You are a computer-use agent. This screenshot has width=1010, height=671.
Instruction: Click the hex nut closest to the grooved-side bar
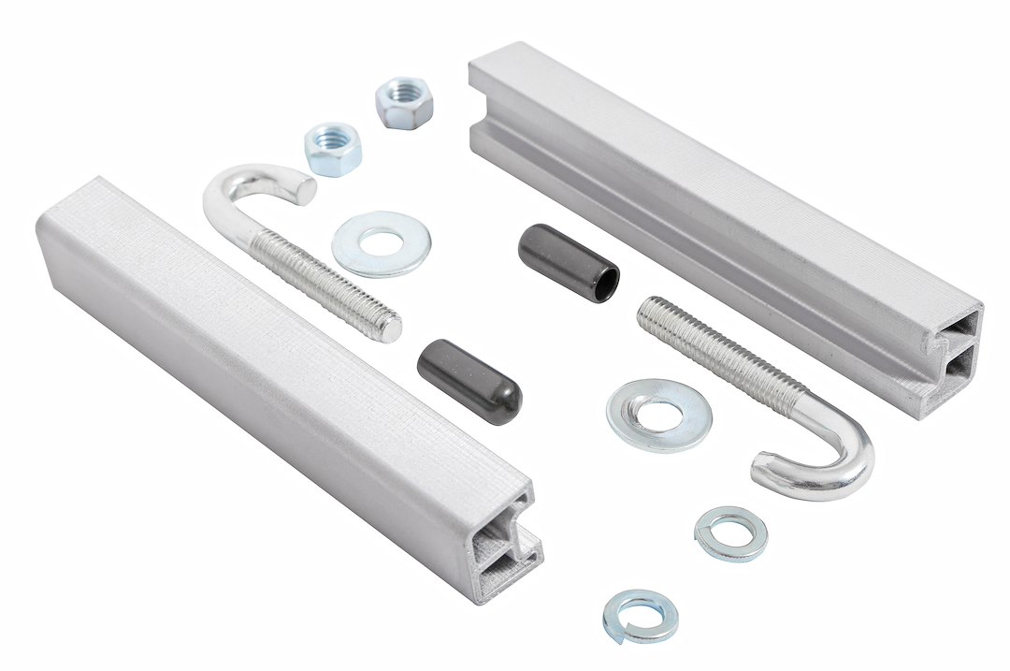405,102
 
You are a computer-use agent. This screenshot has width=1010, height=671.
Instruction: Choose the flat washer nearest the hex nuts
380,243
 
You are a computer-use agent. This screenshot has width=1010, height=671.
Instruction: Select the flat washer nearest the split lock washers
658,415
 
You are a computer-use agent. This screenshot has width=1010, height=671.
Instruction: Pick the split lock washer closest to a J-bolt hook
730,533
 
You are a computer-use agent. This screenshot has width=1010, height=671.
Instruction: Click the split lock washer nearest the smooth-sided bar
641,615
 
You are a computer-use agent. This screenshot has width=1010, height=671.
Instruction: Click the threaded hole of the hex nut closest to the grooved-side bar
403,95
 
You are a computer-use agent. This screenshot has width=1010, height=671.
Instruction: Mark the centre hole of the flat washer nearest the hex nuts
380,243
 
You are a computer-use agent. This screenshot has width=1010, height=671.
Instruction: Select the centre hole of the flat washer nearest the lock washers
659,413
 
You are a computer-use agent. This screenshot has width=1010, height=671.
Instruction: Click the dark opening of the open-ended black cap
604,280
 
